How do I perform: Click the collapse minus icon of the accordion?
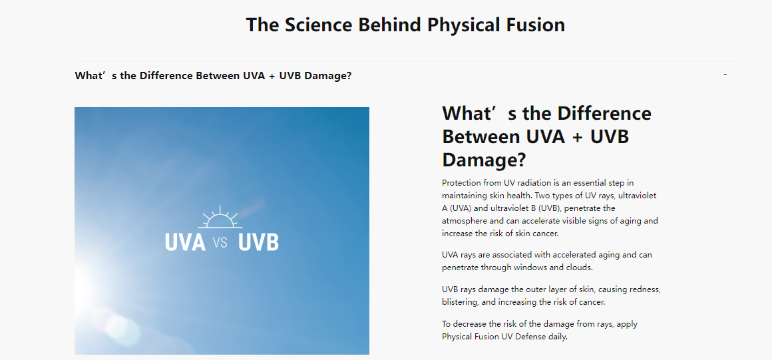tap(725, 75)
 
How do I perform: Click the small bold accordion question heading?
tap(213, 77)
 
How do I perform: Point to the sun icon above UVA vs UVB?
tap(220, 217)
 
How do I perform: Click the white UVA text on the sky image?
tap(185, 242)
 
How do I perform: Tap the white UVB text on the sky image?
tap(258, 242)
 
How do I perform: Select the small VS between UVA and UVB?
tap(220, 243)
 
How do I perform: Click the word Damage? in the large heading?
tap(484, 160)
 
